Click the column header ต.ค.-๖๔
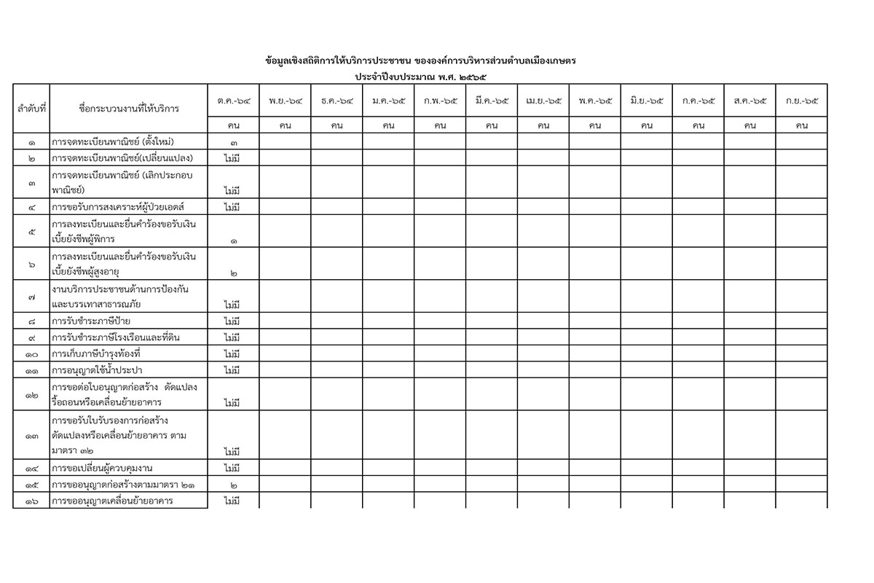point(234,101)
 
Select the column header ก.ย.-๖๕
point(802,101)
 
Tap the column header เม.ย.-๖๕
point(543,101)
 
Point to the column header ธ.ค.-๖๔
point(337,101)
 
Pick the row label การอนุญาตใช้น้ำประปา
point(96,370)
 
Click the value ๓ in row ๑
point(234,142)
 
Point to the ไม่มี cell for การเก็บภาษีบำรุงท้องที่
point(233,354)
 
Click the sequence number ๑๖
point(31,501)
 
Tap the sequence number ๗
point(31,297)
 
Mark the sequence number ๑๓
point(31,436)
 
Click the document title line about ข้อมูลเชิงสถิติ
point(426,60)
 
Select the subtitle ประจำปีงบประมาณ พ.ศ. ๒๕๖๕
point(426,76)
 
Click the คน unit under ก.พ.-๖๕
point(440,125)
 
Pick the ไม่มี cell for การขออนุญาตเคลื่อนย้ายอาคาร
point(233,501)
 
